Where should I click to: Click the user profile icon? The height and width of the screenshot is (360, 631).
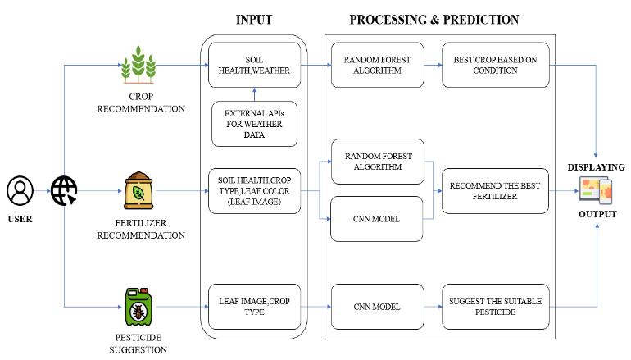20,190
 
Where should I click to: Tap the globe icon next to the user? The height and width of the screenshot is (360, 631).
64,190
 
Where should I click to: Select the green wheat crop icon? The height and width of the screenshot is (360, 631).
138,65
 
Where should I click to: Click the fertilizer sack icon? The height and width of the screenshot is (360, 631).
138,190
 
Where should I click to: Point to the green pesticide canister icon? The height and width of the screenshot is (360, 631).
138,307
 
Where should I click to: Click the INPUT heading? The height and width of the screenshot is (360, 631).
254,20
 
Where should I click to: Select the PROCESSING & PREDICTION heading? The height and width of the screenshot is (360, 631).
434,20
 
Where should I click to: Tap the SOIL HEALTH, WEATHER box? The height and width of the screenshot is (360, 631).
254,65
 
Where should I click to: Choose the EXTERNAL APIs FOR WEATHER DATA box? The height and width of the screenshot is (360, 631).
254,124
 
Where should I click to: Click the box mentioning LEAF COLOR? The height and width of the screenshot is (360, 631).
254,191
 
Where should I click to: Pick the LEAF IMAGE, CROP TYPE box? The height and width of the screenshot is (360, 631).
254,307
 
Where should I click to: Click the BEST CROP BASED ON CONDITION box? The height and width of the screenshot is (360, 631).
496,65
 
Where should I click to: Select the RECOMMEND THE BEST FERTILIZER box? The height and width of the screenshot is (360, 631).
495,191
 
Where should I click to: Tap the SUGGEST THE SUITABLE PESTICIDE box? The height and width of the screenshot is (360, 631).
496,307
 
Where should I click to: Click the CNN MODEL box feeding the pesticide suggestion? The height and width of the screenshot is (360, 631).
378,307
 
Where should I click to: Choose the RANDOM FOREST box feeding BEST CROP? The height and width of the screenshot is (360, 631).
378,65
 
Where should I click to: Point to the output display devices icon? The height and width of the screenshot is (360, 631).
596,190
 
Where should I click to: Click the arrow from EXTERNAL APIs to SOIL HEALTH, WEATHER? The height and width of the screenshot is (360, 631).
254,94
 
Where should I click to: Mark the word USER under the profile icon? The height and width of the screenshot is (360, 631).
20,219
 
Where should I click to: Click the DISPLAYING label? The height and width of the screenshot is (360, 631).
596,167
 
